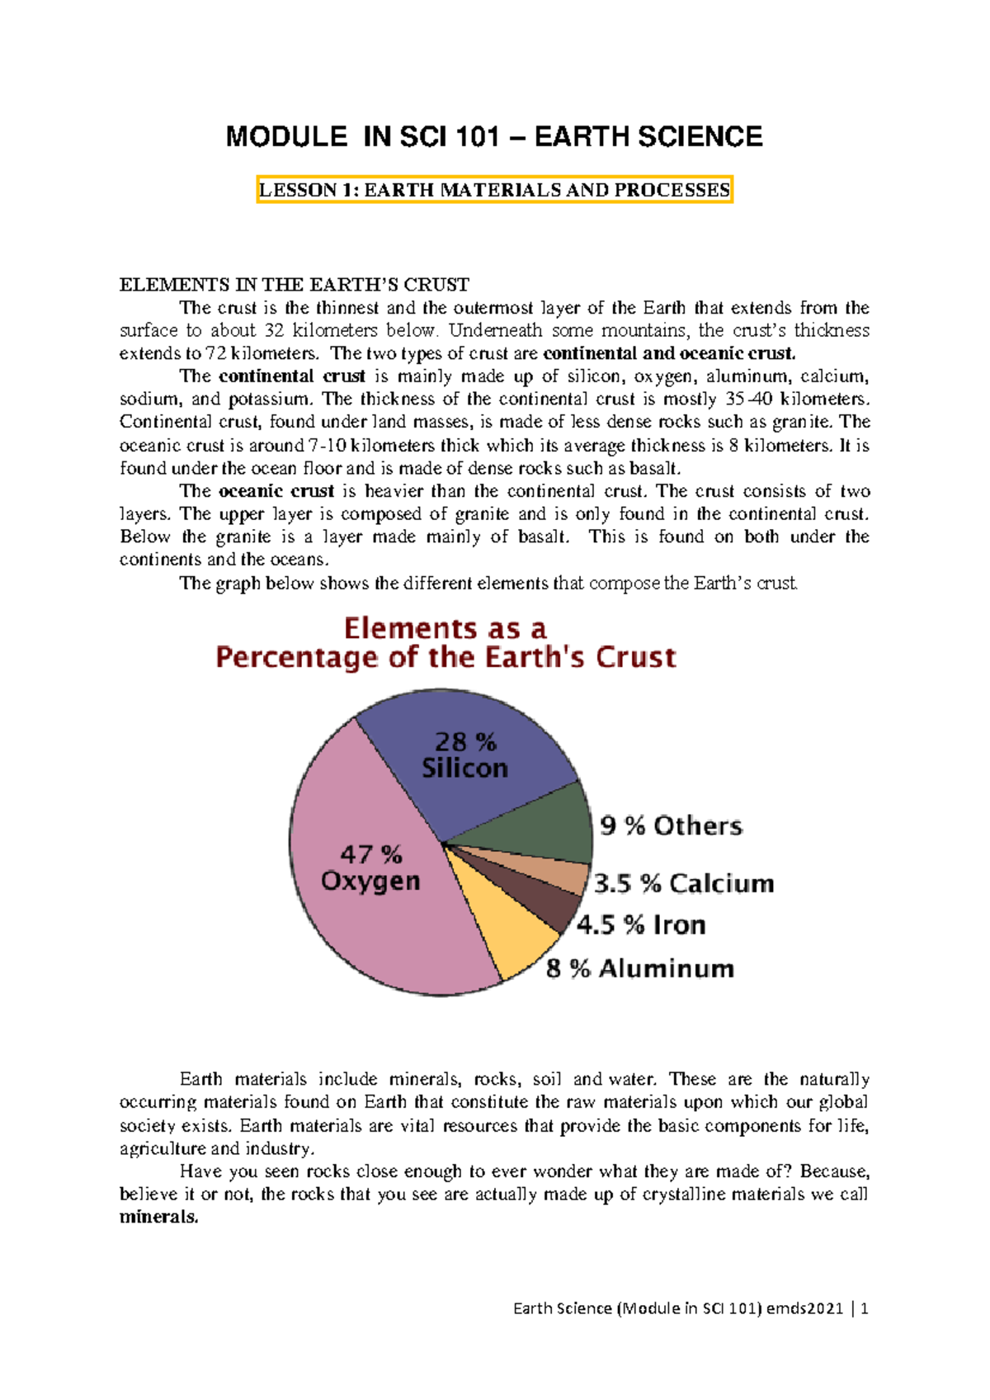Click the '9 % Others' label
point(671,825)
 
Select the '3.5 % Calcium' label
point(684,883)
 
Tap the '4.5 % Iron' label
point(641,925)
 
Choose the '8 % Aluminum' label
point(640,968)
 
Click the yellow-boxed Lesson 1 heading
point(494,190)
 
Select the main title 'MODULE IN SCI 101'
point(363,137)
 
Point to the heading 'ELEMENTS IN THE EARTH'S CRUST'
point(294,285)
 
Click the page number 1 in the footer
point(864,1308)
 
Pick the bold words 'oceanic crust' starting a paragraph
point(276,491)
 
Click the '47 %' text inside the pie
point(371,854)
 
